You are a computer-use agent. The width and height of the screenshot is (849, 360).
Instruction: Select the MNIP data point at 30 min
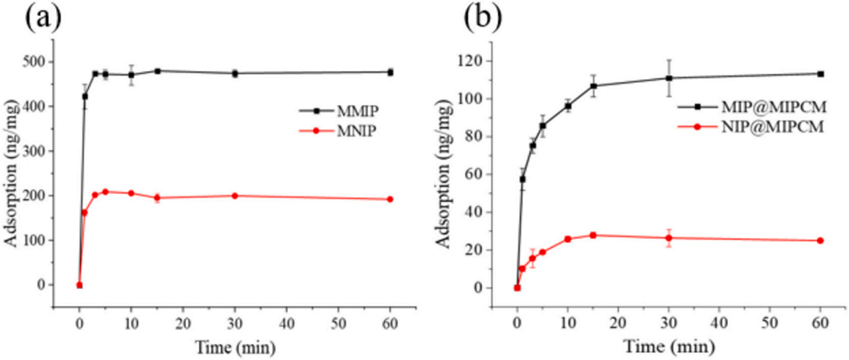coord(235,196)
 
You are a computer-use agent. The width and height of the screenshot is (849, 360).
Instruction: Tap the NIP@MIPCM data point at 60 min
coord(820,241)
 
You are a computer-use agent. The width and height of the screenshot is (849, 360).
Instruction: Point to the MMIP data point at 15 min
coord(157,71)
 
